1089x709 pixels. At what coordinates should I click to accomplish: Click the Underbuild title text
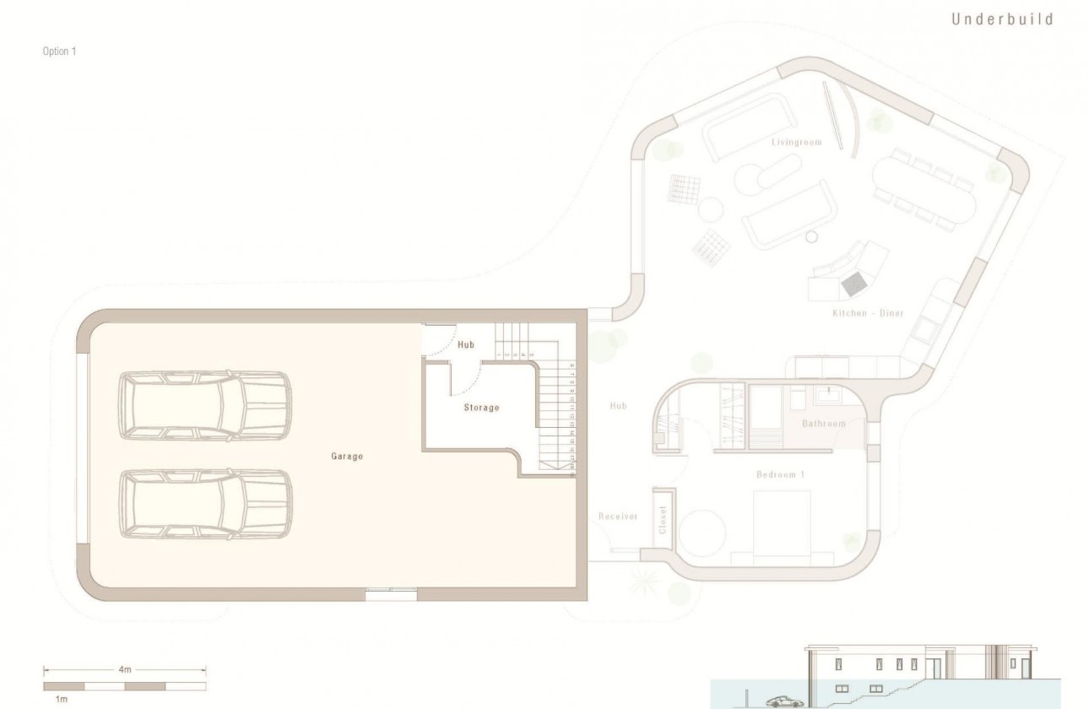tap(1003, 19)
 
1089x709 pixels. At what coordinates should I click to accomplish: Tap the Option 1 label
tap(59, 51)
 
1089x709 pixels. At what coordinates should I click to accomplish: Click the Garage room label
tap(346, 457)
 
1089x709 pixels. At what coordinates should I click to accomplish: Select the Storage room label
tap(481, 408)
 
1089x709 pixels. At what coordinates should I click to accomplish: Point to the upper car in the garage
tap(205, 404)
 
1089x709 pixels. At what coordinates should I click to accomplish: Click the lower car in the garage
tap(205, 504)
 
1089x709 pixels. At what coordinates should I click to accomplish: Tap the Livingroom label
tap(796, 143)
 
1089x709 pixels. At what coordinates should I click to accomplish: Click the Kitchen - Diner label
tap(868, 313)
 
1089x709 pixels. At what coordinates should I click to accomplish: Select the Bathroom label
tap(823, 424)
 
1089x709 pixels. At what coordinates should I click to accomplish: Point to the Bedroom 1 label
tap(780, 475)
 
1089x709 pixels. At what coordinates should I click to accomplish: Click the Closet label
tap(663, 519)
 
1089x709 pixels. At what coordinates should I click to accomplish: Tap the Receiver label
tap(618, 517)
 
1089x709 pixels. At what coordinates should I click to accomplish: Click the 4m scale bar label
tap(125, 669)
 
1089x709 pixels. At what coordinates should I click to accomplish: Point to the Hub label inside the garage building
tap(466, 344)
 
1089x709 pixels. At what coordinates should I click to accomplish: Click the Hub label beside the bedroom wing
tap(618, 406)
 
